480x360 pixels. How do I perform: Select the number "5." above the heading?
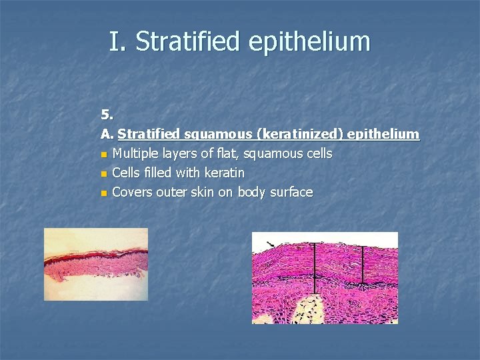107,114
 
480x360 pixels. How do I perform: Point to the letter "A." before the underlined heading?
107,134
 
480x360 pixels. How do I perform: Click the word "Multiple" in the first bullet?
136,153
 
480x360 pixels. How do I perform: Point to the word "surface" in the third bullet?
290,192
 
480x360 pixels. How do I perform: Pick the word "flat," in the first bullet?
227,153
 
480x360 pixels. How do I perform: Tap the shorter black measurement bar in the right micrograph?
362,265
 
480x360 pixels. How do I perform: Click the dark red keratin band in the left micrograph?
93,257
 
